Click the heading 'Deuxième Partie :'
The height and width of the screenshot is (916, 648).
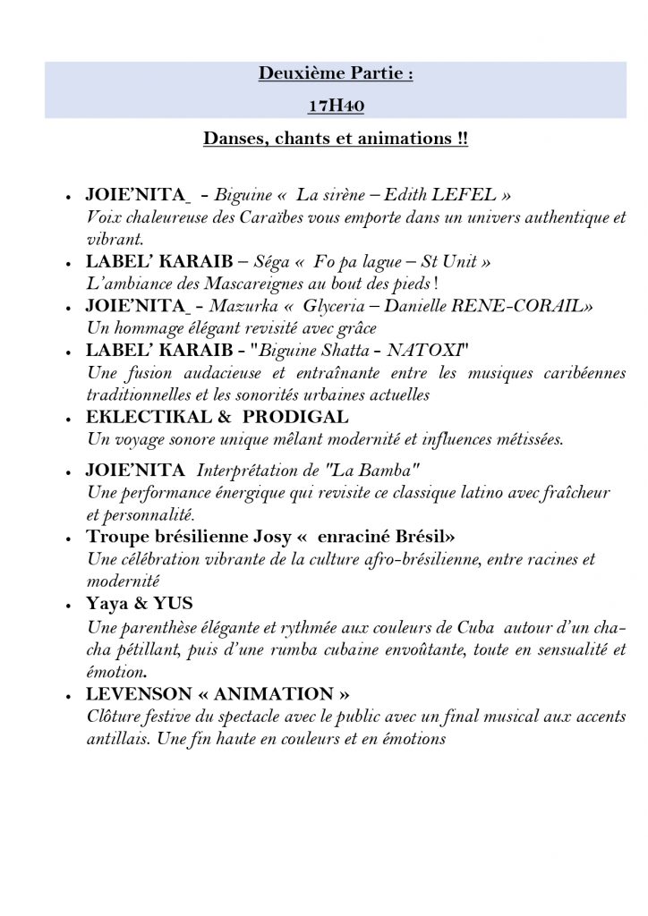[336, 74]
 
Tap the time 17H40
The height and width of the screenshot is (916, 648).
[336, 106]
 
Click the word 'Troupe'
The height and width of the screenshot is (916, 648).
[117, 538]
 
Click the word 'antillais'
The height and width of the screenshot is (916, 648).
[116, 739]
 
